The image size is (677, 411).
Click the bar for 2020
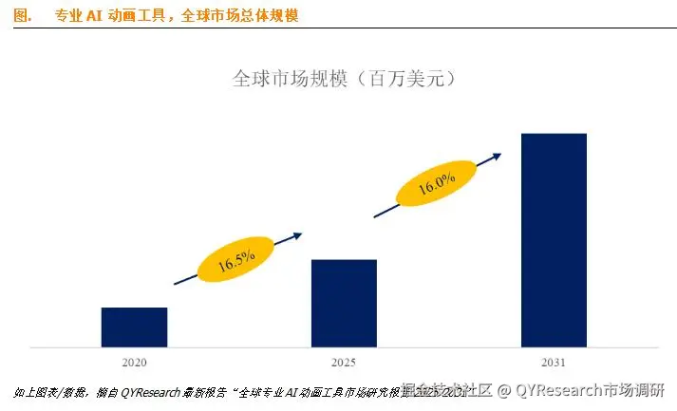click(x=134, y=327)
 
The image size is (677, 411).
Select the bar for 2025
click(x=344, y=303)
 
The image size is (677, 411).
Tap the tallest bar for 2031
click(x=554, y=239)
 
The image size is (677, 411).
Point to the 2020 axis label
click(x=134, y=362)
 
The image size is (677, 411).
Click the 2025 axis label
click(x=344, y=362)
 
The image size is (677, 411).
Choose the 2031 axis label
click(x=554, y=362)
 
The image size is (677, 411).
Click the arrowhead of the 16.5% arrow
click(x=298, y=234)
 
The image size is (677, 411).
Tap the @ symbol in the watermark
click(x=506, y=390)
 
